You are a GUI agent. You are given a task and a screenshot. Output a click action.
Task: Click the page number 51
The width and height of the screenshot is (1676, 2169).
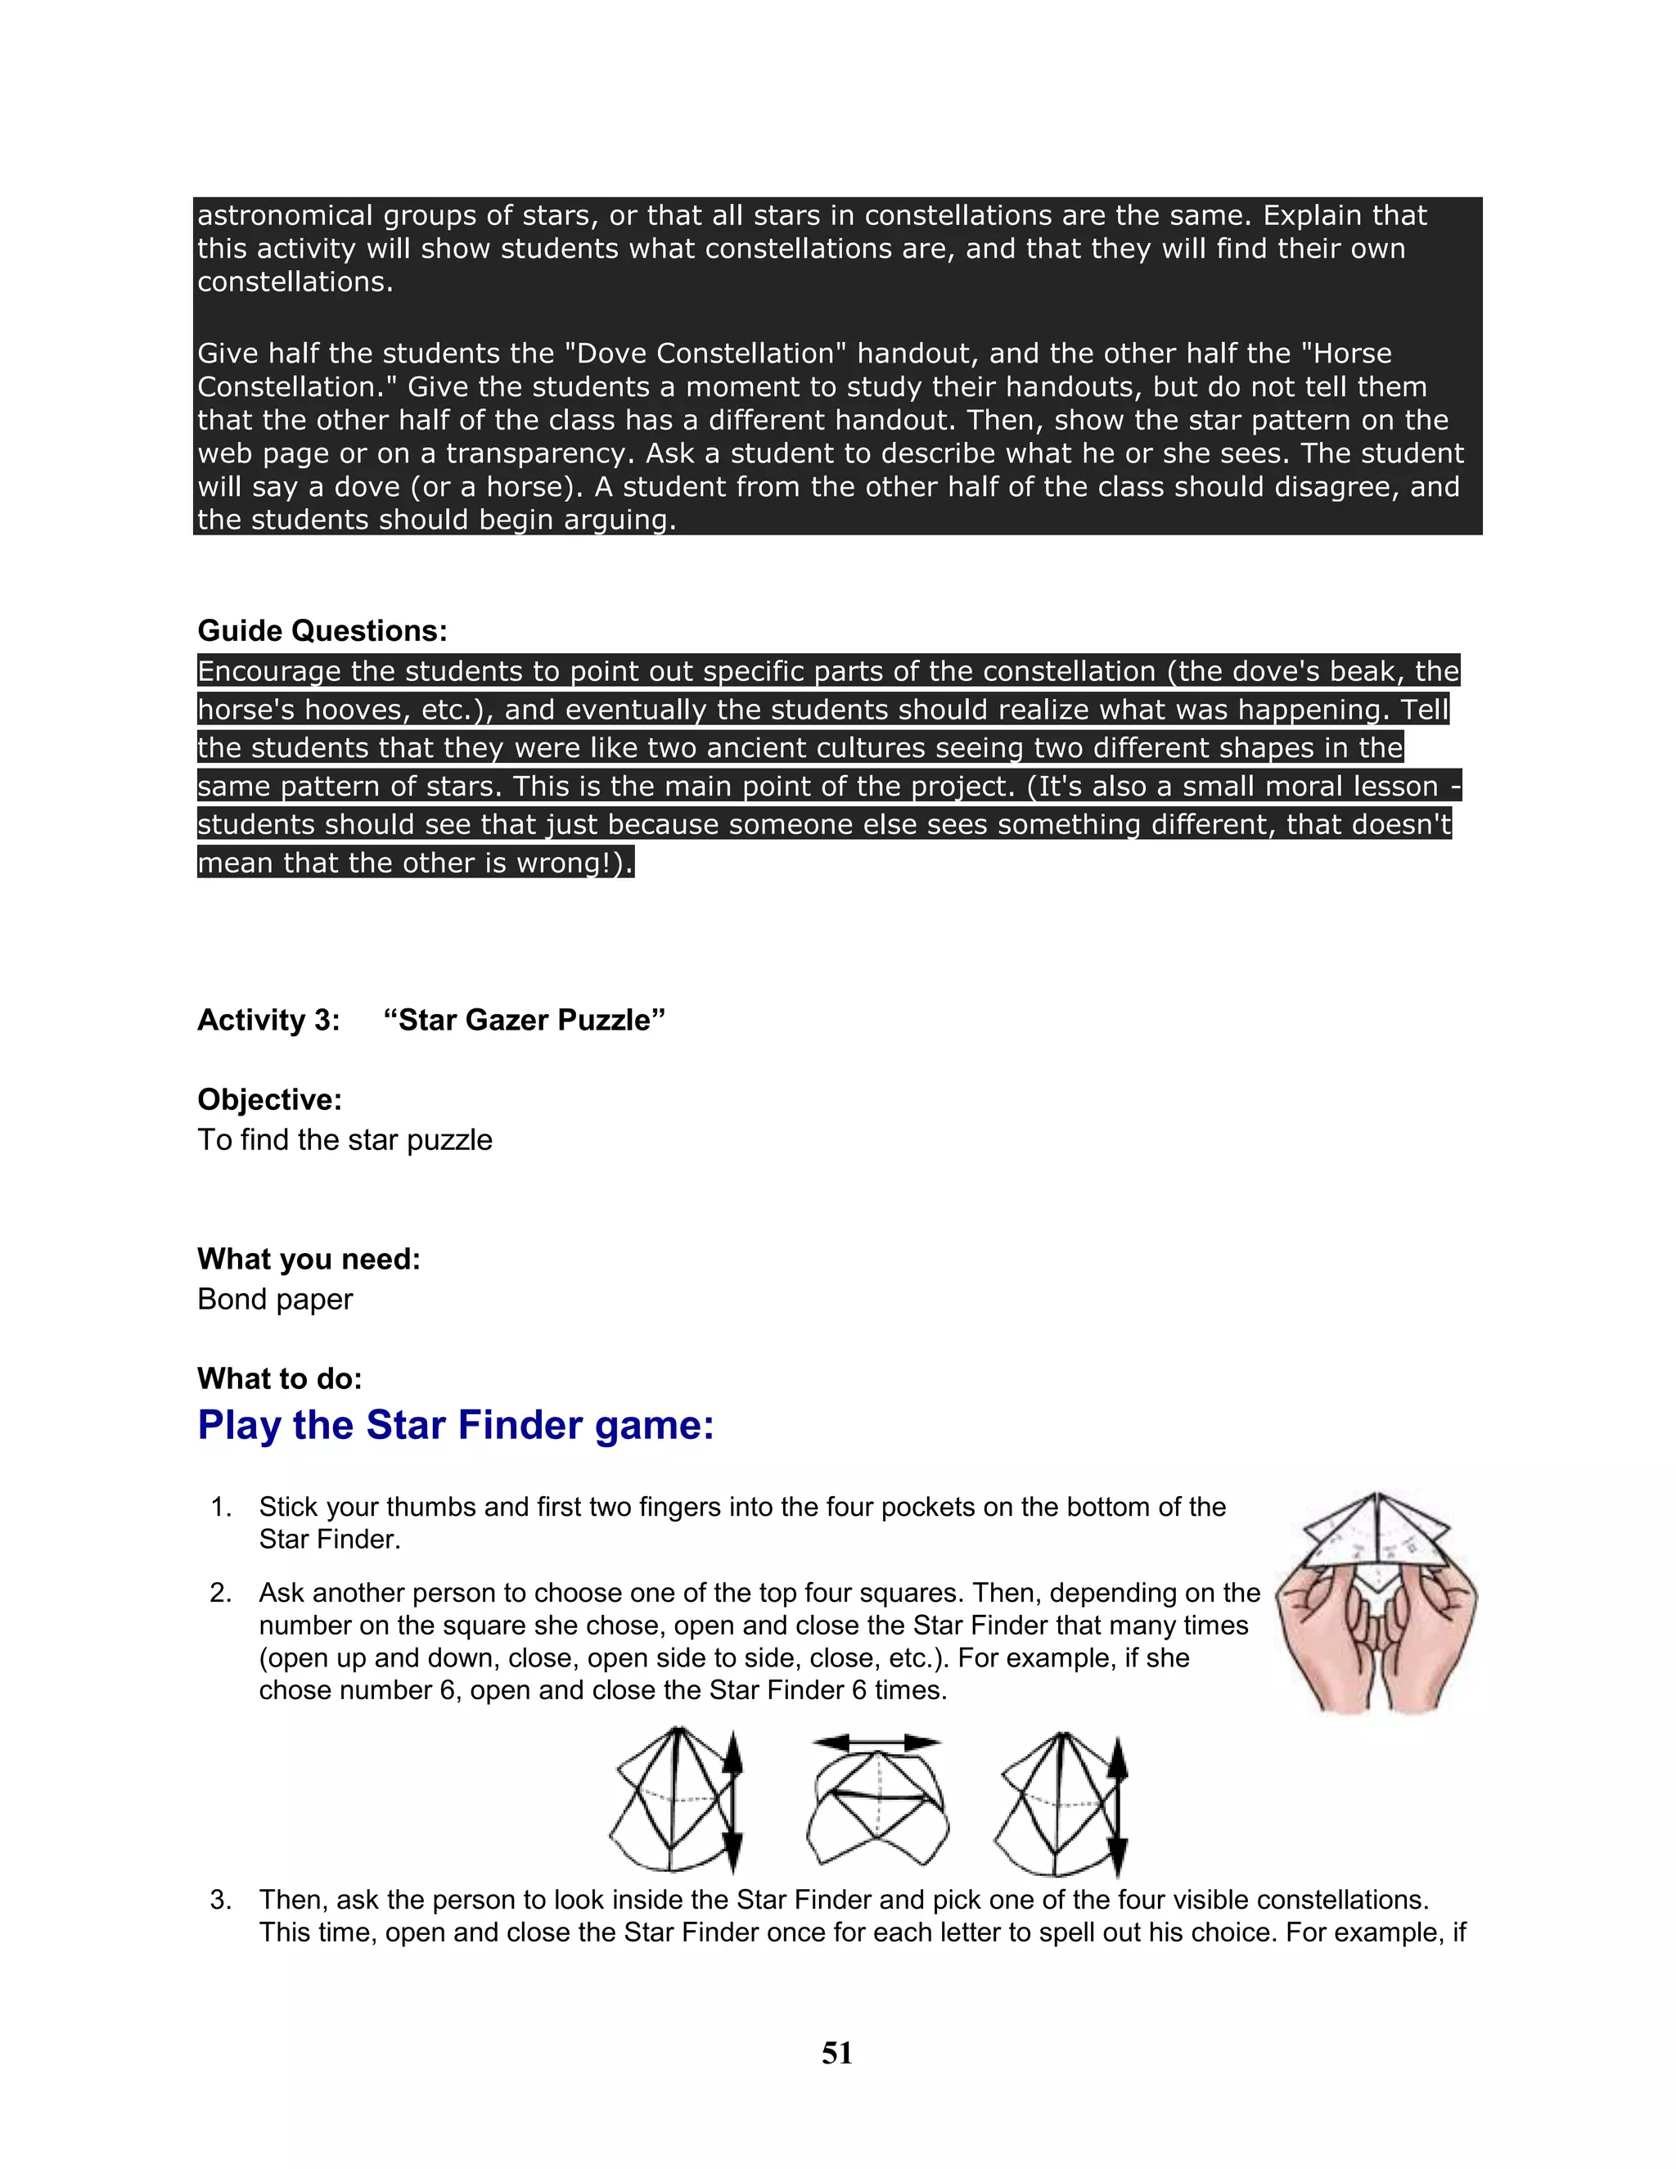(x=837, y=2053)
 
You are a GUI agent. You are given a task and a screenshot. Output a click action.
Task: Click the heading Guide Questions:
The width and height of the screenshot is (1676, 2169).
(x=322, y=630)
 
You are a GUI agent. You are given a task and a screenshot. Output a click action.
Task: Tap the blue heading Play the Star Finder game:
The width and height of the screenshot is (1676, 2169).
(x=456, y=1425)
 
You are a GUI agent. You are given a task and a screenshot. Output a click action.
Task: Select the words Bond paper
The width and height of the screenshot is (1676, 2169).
(x=275, y=1299)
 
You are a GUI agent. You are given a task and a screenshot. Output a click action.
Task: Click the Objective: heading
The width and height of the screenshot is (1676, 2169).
(x=269, y=1099)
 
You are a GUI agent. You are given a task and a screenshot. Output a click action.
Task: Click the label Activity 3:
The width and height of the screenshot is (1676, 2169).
(x=268, y=1020)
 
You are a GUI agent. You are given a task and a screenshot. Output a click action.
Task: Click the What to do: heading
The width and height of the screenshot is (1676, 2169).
(x=280, y=1378)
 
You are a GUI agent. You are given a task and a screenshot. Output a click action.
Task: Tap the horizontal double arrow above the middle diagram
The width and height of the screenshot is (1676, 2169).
(x=876, y=1742)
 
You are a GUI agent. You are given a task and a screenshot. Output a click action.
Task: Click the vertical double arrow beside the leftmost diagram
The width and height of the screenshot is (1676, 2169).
(x=732, y=1802)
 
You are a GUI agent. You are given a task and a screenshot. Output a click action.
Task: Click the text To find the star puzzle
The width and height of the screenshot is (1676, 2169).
(x=345, y=1140)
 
